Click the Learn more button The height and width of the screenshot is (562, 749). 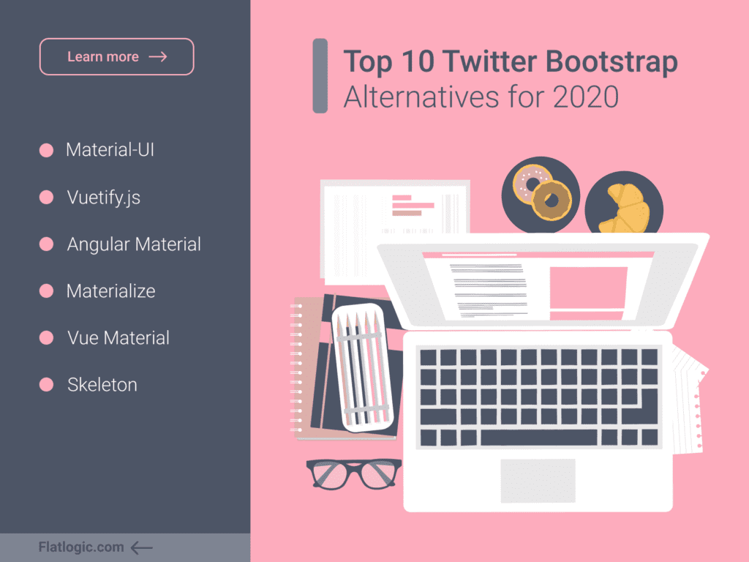coord(116,56)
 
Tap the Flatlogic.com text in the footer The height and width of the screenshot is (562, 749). coord(80,547)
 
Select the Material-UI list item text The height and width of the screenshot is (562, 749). coord(110,149)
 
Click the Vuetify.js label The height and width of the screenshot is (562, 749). coord(104,198)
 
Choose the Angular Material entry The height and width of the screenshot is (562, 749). coord(134,244)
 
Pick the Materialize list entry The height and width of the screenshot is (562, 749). coord(111,291)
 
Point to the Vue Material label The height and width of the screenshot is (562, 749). coord(118,338)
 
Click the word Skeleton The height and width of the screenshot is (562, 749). coord(102,385)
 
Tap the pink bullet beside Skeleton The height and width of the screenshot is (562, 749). coord(46,385)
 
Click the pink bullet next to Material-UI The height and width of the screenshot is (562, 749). coord(46,150)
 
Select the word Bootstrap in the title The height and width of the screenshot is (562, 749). coord(612,62)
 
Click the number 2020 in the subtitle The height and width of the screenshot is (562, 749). coord(586,97)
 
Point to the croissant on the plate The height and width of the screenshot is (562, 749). coord(624,209)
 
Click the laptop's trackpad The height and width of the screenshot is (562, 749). coord(538,481)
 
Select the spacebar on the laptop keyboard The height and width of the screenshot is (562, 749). coord(538,438)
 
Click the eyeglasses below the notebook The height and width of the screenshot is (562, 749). coord(354,473)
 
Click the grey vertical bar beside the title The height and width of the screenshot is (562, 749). coord(320,75)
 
